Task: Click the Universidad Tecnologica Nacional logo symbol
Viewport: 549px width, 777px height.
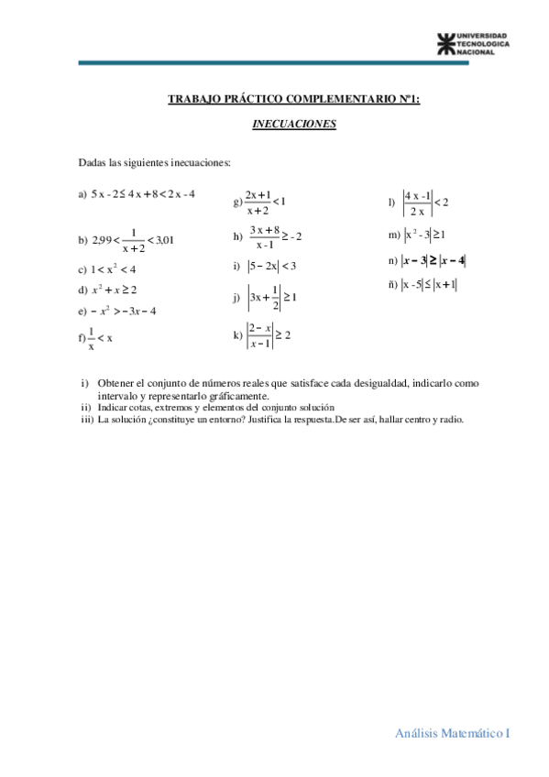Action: [445, 43]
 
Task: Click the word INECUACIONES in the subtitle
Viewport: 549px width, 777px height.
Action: [294, 124]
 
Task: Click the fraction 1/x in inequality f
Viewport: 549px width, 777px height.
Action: [91, 340]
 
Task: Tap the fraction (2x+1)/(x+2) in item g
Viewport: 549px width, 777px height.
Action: [257, 202]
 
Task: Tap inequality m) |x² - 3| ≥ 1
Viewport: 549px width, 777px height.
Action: [426, 236]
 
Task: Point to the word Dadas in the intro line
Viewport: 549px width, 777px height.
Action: [93, 163]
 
